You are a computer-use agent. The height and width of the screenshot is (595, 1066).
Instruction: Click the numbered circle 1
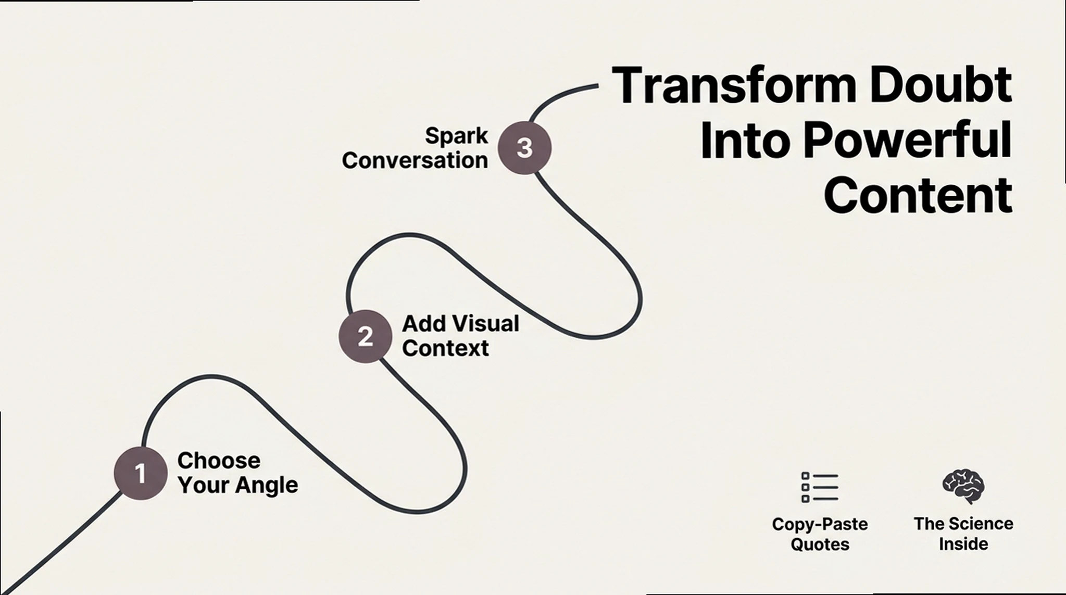point(140,473)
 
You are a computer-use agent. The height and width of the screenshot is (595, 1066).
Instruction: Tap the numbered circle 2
point(365,336)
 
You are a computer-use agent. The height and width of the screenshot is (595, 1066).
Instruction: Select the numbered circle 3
point(524,148)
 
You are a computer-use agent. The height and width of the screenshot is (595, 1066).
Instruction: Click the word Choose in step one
point(219,461)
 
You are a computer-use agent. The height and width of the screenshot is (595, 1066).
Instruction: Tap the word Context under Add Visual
point(445,348)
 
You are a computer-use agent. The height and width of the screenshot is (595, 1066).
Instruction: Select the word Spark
point(456,136)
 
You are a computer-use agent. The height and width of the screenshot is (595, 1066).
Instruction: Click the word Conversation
point(415,160)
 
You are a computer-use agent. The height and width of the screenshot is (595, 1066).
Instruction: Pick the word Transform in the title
point(734,85)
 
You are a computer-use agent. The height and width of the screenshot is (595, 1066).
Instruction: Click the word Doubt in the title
point(940,85)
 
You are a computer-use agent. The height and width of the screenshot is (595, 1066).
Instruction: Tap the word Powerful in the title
point(907,141)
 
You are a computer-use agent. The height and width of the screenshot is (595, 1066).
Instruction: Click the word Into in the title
point(743,141)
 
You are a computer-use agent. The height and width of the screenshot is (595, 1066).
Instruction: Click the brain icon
point(963,487)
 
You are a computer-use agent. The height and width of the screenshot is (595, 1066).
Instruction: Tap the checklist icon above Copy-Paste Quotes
point(820,488)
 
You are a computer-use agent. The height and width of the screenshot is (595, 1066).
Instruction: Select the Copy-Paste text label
point(820,524)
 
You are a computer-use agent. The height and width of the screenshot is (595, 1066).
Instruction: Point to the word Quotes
point(820,545)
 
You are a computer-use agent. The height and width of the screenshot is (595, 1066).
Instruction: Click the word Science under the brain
point(982,524)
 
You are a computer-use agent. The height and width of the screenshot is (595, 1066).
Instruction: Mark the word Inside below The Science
point(963,544)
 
